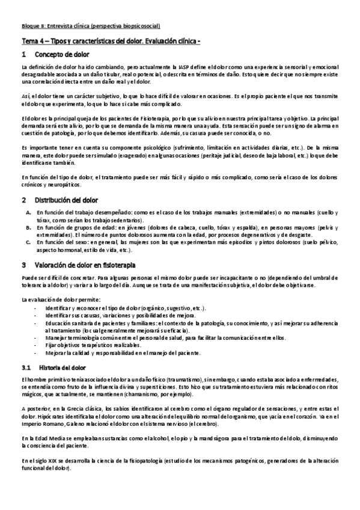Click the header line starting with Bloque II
point(90,26)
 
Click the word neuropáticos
point(67,184)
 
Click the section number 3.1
point(26,366)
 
